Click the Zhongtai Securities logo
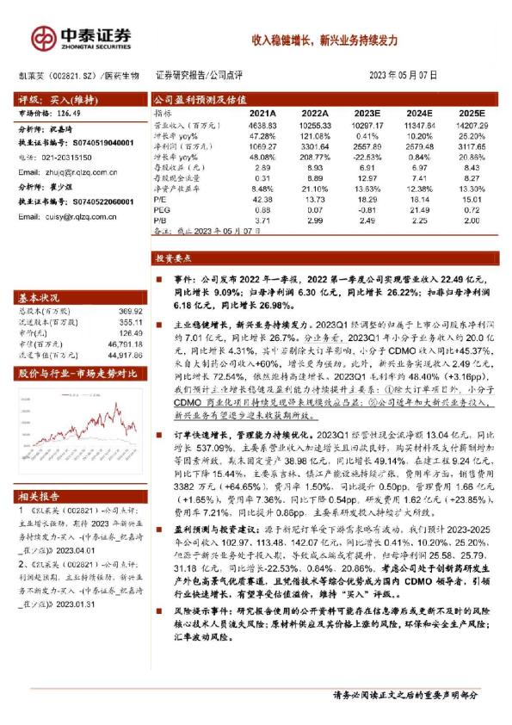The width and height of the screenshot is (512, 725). pyautogui.click(x=81, y=37)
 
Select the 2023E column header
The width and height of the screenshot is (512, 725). pyautogui.click(x=367, y=114)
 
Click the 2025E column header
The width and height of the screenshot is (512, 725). pyautogui.click(x=472, y=114)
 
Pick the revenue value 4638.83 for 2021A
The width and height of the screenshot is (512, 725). pyautogui.click(x=262, y=125)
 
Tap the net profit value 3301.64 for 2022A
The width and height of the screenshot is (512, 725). pyautogui.click(x=315, y=147)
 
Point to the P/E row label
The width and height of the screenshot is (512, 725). pyautogui.click(x=160, y=198)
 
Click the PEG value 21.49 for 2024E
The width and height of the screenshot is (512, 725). pyautogui.click(x=420, y=209)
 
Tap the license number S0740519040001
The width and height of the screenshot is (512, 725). pyautogui.click(x=96, y=142)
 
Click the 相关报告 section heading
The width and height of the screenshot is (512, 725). pyautogui.click(x=40, y=496)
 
